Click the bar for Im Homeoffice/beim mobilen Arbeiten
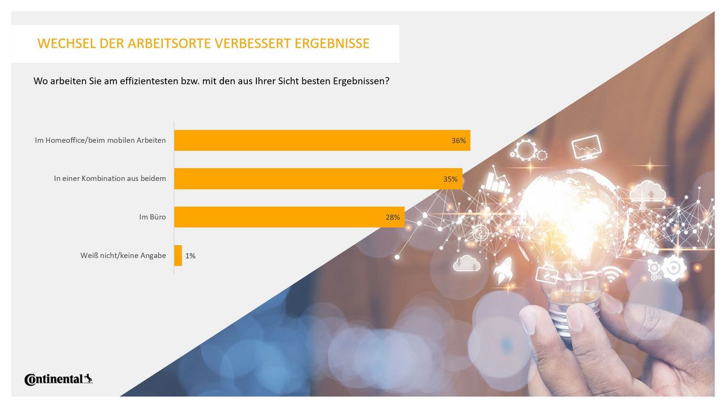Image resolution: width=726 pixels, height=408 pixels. pyautogui.click(x=322, y=141)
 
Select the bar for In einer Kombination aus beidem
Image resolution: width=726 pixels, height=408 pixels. pyautogui.click(x=318, y=178)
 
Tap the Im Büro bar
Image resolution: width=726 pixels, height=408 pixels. pyautogui.click(x=289, y=217)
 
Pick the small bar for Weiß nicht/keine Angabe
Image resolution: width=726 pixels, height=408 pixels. pyautogui.click(x=178, y=256)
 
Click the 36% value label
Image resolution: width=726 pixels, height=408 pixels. pyautogui.click(x=458, y=141)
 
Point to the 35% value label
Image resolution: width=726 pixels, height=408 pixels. pyautogui.click(x=450, y=179)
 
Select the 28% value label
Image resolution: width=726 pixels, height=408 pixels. pyautogui.click(x=393, y=217)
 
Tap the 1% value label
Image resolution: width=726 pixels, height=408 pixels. pyautogui.click(x=191, y=256)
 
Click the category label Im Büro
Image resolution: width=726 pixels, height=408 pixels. pyautogui.click(x=153, y=217)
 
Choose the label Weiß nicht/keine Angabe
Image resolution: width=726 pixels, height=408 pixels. pyautogui.click(x=123, y=256)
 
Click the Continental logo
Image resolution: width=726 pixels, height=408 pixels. pyautogui.click(x=58, y=379)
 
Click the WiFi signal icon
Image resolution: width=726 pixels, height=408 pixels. pyautogui.click(x=611, y=274)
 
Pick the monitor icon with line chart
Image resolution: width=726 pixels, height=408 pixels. pyautogui.click(x=586, y=147)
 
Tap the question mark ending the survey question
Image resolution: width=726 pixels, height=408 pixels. pyautogui.click(x=387, y=81)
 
